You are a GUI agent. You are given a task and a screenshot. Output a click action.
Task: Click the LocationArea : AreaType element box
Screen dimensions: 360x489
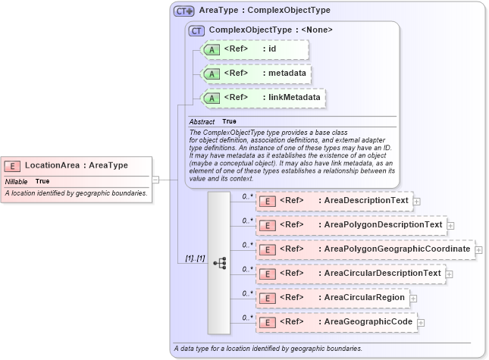coord(76,165)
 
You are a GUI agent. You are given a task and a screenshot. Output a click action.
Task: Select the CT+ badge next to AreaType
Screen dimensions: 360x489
coord(184,11)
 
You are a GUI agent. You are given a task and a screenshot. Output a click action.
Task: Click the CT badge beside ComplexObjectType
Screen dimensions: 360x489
coord(196,30)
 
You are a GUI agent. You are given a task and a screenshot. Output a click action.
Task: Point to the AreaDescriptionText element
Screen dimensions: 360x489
coord(334,201)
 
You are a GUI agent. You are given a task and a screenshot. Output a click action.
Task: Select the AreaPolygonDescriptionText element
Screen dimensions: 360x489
coord(351,225)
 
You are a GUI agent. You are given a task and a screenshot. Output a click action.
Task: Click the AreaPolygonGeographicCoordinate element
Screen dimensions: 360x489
coord(365,249)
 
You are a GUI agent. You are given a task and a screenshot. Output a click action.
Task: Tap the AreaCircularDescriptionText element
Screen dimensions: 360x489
coord(350,274)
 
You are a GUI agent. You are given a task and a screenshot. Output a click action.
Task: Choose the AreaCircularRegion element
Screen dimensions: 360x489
coord(333,298)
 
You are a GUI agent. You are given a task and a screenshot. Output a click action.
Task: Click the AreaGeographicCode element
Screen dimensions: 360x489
coord(337,322)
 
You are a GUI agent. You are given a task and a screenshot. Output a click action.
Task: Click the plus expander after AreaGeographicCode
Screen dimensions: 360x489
coord(421,323)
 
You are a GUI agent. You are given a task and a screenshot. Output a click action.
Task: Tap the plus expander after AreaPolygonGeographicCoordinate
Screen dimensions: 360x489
coord(478,249)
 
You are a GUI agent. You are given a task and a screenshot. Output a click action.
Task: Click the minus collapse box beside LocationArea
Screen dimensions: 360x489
coord(155,180)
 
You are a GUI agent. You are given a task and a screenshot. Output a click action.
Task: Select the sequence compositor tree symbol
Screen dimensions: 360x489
coord(219,263)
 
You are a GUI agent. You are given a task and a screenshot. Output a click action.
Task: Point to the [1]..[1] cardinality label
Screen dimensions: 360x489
coord(195,258)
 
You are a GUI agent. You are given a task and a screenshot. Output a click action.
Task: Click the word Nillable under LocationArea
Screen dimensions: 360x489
coord(16,182)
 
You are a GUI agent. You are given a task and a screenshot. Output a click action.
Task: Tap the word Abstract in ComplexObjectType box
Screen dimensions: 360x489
coord(202,122)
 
